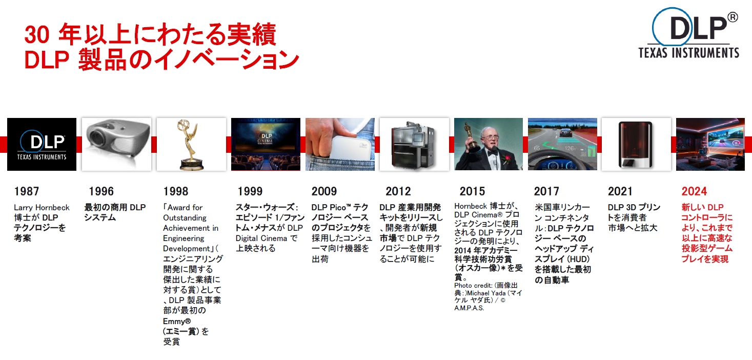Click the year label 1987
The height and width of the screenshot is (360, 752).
(x=27, y=191)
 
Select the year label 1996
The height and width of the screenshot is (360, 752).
(x=101, y=191)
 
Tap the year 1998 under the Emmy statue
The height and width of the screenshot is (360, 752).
(x=176, y=191)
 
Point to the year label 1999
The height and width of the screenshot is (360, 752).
(x=250, y=191)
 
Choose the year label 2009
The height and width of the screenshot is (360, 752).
(x=324, y=191)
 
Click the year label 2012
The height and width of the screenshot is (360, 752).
(x=398, y=191)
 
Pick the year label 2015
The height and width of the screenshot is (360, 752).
(x=472, y=191)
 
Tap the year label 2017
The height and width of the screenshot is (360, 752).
(x=546, y=191)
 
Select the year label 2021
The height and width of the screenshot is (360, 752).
(x=620, y=191)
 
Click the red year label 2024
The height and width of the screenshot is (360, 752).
(x=694, y=191)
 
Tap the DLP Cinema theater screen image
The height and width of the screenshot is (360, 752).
(x=266, y=145)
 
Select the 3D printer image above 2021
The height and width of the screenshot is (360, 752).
(x=636, y=145)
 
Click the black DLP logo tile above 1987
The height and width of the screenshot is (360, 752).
(x=42, y=145)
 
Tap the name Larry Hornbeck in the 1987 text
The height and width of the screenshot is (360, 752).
(x=42, y=208)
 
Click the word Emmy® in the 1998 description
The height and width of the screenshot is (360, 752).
(x=177, y=322)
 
